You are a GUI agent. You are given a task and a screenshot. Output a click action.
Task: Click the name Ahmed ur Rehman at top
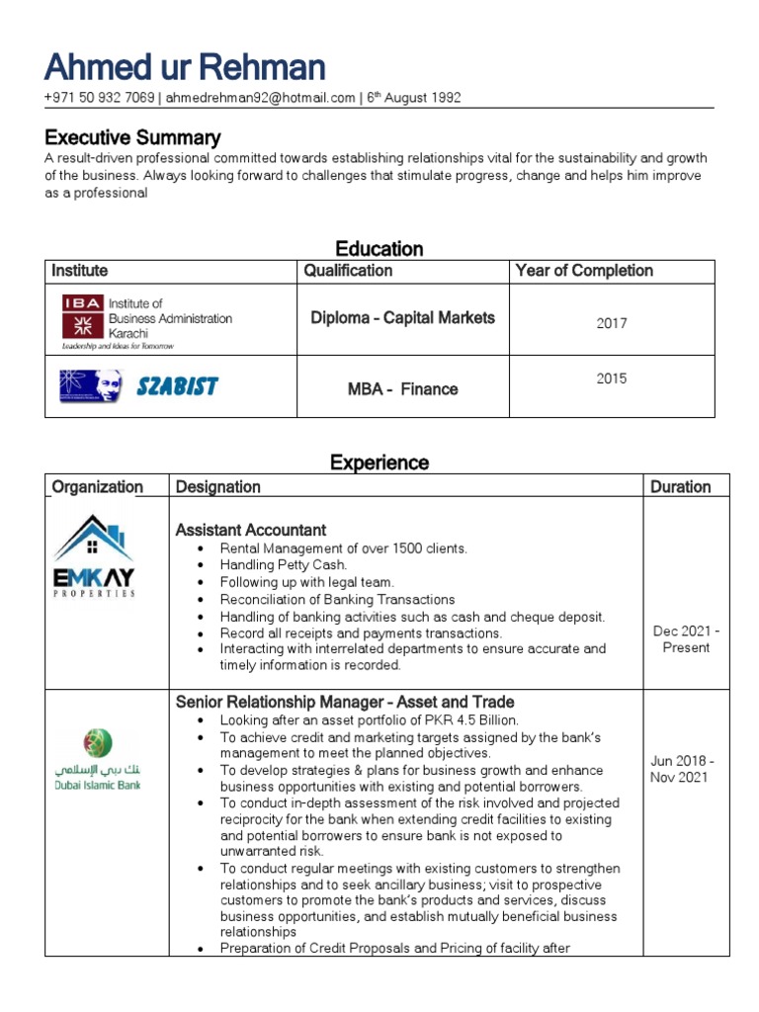[x=185, y=67]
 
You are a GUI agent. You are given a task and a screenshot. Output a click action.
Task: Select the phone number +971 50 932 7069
[x=99, y=98]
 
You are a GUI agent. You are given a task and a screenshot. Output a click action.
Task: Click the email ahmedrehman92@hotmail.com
[x=260, y=98]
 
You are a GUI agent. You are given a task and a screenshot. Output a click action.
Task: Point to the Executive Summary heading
[x=132, y=137]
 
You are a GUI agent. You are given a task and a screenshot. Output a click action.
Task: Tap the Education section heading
[x=379, y=248]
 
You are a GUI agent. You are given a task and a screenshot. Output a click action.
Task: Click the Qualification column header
[x=348, y=271]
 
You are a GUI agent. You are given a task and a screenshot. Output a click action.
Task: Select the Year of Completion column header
[x=584, y=271]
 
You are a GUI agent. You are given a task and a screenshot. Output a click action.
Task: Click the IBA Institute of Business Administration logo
[x=146, y=320]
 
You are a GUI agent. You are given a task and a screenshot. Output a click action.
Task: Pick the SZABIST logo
[x=138, y=385]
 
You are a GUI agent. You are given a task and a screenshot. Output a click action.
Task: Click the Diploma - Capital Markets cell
[x=402, y=318]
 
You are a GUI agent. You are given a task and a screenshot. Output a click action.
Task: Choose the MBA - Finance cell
[x=402, y=389]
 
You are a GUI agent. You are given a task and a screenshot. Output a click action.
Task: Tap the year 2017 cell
[x=611, y=323]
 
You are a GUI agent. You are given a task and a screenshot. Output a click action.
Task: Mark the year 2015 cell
[x=611, y=379]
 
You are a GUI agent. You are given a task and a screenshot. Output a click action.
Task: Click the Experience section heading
[x=379, y=463]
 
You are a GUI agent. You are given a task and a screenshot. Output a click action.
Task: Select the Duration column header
[x=680, y=486]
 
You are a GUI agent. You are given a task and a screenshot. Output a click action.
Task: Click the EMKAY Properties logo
[x=94, y=556]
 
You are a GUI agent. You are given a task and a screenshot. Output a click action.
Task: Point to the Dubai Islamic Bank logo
[x=97, y=759]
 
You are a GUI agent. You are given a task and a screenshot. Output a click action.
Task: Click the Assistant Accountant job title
[x=251, y=530]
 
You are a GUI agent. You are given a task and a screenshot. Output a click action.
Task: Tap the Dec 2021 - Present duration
[x=686, y=639]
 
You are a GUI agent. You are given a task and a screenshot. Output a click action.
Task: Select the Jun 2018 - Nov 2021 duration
[x=682, y=769]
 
